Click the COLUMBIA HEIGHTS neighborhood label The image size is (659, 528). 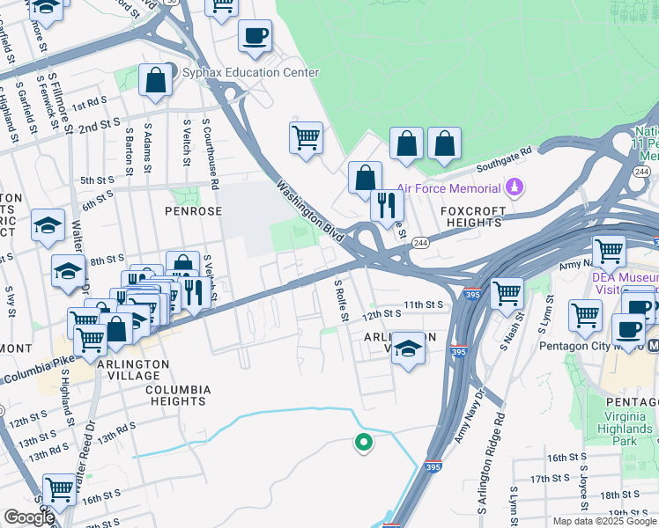point(178,395)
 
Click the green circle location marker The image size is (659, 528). point(362,443)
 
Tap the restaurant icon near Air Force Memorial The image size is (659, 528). point(387,205)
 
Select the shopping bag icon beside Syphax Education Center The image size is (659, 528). point(155,80)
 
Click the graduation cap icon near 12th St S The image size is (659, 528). point(407,348)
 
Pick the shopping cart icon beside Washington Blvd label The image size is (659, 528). point(306,137)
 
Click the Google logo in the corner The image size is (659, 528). point(29,518)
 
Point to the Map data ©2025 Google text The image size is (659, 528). point(603,521)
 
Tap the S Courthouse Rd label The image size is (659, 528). point(211,154)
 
